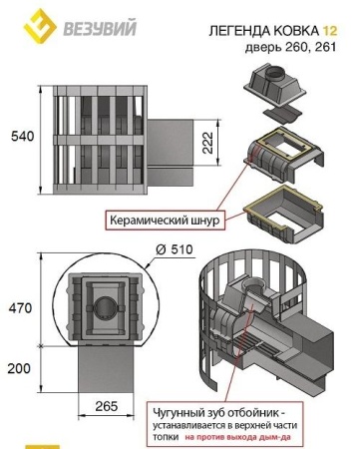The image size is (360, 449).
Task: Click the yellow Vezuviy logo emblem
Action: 40,26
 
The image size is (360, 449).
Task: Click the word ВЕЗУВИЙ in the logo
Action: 100,28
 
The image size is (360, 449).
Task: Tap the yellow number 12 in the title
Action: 330,31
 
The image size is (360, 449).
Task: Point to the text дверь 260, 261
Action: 290,47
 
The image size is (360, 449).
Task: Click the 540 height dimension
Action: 23,137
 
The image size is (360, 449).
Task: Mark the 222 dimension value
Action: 207,143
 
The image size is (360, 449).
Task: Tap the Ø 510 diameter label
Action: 175,249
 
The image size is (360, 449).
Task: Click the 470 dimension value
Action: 21,308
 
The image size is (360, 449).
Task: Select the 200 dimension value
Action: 19,368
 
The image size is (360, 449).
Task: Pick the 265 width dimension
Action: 107,406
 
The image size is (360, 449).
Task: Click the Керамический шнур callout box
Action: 165,221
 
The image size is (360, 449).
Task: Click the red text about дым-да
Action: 237,437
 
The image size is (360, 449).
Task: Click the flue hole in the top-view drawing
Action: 106,307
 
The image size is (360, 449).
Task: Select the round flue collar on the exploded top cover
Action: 274,72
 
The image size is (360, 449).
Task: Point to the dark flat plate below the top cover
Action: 281,115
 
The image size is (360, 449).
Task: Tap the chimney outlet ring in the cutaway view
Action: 252,285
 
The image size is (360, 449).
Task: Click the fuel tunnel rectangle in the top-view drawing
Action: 106,369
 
